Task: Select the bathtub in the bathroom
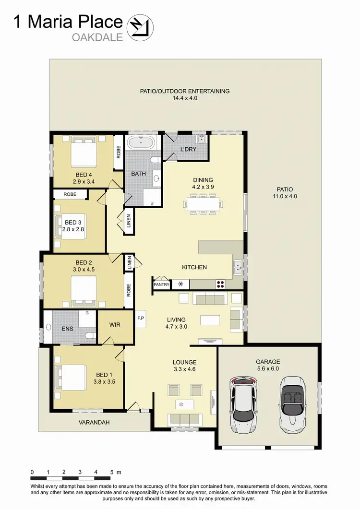coord(141,142)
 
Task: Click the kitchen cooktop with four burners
coord(221,284)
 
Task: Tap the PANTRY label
coord(161,284)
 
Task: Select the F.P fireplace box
coord(141,318)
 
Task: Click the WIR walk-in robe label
coord(115,325)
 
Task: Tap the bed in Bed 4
coord(84,152)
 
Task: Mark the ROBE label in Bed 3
coord(70,195)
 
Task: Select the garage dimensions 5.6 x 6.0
coord(268,369)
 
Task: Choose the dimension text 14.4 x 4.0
coord(185,98)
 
